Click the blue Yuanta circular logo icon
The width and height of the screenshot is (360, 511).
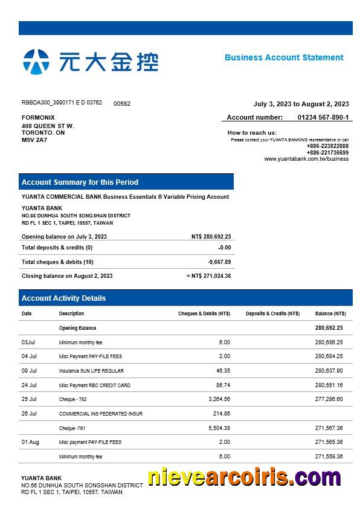click(x=36, y=62)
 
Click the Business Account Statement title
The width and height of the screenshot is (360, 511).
click(x=284, y=57)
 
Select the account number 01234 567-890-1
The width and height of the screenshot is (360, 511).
click(x=323, y=117)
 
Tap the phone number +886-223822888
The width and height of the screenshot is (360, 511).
click(x=327, y=146)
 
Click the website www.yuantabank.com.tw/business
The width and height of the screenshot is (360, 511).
click(x=306, y=159)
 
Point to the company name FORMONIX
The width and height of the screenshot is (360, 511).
click(x=38, y=117)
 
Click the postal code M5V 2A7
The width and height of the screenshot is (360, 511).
click(x=34, y=140)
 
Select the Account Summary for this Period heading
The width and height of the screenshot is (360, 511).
click(x=80, y=182)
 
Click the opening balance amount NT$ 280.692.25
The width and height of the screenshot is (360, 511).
click(x=211, y=237)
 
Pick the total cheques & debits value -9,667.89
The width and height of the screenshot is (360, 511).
click(x=219, y=262)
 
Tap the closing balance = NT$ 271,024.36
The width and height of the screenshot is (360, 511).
click(x=209, y=276)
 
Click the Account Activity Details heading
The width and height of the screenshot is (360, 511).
click(x=63, y=298)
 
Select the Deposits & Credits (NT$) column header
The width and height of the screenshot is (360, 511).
click(x=272, y=313)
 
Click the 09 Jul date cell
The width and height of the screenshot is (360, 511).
click(x=29, y=371)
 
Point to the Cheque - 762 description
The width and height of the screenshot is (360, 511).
click(x=72, y=399)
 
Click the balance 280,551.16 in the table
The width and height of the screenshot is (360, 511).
click(x=329, y=385)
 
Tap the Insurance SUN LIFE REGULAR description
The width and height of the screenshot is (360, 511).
click(x=91, y=371)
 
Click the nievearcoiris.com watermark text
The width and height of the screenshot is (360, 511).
click(x=244, y=478)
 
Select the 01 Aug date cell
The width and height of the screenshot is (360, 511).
click(x=30, y=442)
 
